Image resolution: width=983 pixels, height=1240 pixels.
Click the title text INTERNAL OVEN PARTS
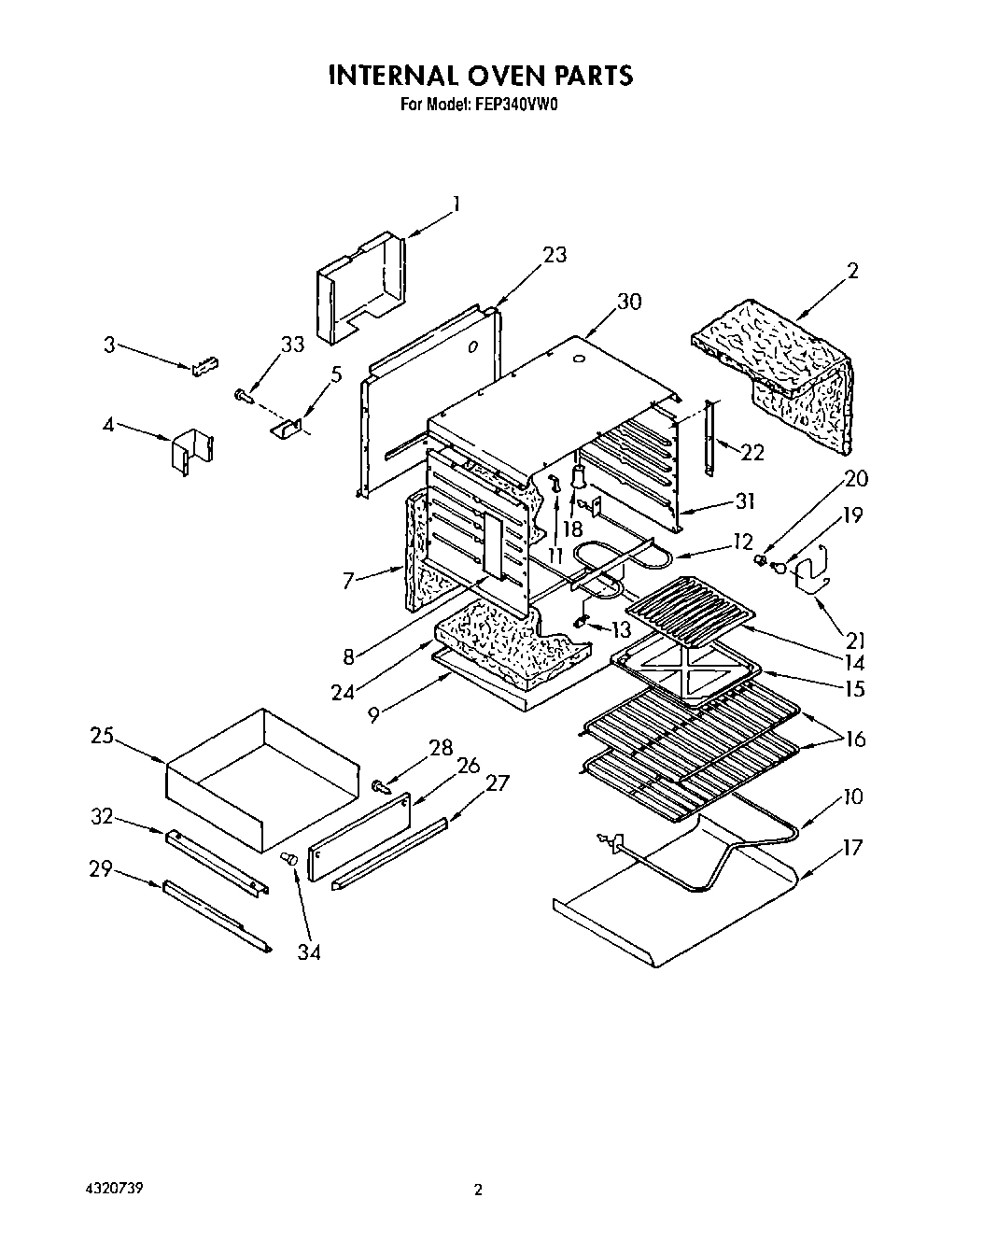click(x=480, y=76)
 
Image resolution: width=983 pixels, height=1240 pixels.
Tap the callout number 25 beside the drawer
click(x=102, y=736)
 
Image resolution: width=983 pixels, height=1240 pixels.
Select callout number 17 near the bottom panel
click(x=851, y=849)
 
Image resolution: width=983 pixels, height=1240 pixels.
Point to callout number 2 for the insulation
click(x=851, y=272)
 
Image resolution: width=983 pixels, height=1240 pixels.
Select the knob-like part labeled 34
click(x=289, y=857)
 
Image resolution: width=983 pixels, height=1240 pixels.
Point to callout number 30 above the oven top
click(x=629, y=302)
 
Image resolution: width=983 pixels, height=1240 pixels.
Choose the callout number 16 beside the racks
click(x=853, y=740)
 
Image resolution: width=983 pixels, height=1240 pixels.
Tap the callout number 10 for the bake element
click(x=851, y=796)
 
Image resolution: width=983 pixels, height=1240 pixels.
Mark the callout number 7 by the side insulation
click(x=348, y=581)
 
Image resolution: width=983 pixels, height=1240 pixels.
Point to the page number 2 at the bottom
click(x=478, y=1191)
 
